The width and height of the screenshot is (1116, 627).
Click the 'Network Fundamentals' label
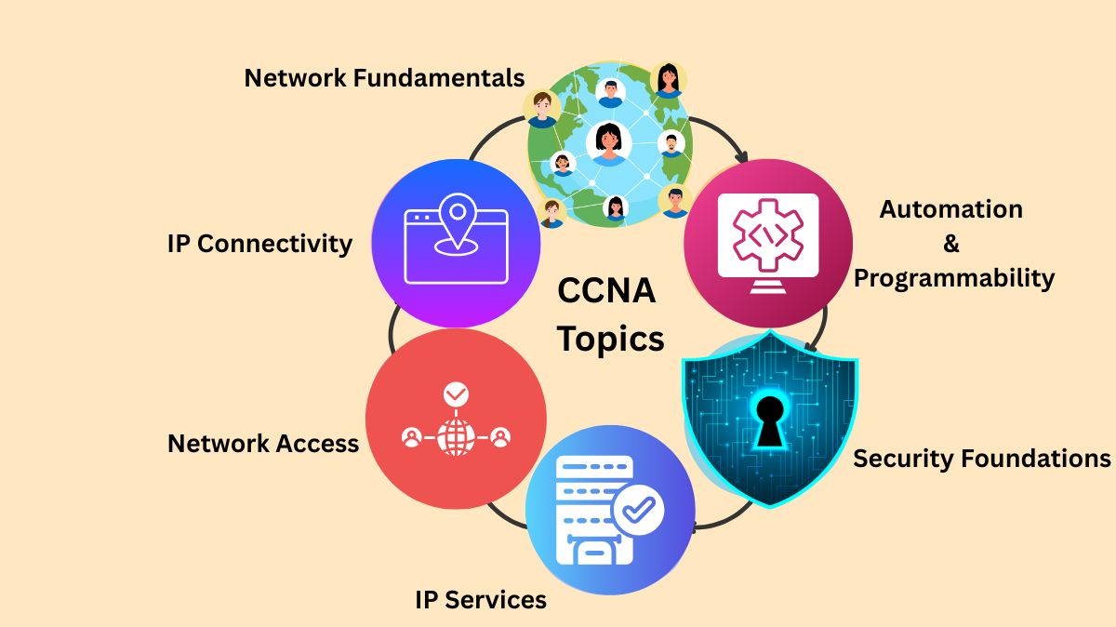(x=384, y=78)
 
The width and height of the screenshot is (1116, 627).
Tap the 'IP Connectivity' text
(x=259, y=244)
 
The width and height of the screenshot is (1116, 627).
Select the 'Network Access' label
(x=262, y=444)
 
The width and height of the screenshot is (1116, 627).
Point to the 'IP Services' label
(x=480, y=599)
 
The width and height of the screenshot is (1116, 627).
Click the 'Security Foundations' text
(x=981, y=458)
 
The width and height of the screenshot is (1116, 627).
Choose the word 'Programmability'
(x=953, y=278)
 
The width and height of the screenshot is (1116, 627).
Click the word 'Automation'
(x=950, y=209)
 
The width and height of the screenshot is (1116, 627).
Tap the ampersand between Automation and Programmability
(x=950, y=244)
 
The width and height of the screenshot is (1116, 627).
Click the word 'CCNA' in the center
(x=606, y=291)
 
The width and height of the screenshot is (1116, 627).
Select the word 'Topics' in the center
(x=610, y=339)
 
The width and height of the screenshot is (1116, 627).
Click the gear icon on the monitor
(x=767, y=233)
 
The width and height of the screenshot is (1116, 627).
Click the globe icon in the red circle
(x=455, y=435)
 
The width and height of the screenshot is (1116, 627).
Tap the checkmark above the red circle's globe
(x=455, y=395)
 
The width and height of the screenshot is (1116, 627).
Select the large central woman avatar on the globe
(x=609, y=142)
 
